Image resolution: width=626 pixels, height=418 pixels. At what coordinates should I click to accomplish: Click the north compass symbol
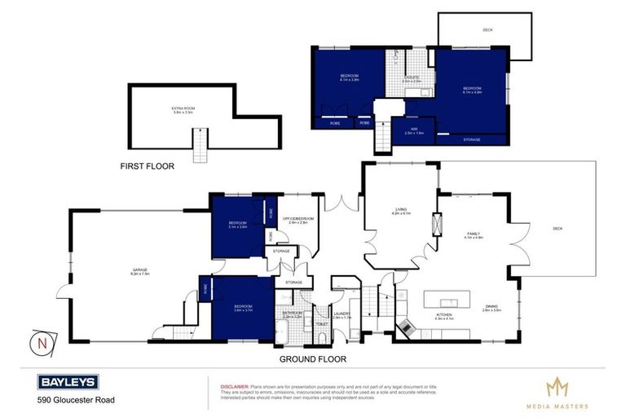[37, 342]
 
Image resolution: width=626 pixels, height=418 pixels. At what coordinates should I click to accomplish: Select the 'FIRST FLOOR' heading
[148, 166]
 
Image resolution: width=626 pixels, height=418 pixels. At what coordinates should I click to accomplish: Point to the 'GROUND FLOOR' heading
[312, 358]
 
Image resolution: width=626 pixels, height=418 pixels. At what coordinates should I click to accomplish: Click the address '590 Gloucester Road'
[76, 400]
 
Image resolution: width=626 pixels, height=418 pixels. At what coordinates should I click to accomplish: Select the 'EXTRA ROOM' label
[182, 109]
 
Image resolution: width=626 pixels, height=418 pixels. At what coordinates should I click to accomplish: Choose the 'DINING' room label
[490, 306]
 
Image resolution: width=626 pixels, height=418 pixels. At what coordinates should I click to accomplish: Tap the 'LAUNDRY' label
[341, 313]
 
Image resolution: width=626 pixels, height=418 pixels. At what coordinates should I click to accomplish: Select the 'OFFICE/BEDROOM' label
[295, 219]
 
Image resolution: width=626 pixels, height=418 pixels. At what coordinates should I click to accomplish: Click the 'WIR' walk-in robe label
[414, 128]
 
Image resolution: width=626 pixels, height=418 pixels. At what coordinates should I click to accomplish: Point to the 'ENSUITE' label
[410, 77]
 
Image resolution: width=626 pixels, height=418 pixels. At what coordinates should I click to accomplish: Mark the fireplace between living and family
[436, 223]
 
